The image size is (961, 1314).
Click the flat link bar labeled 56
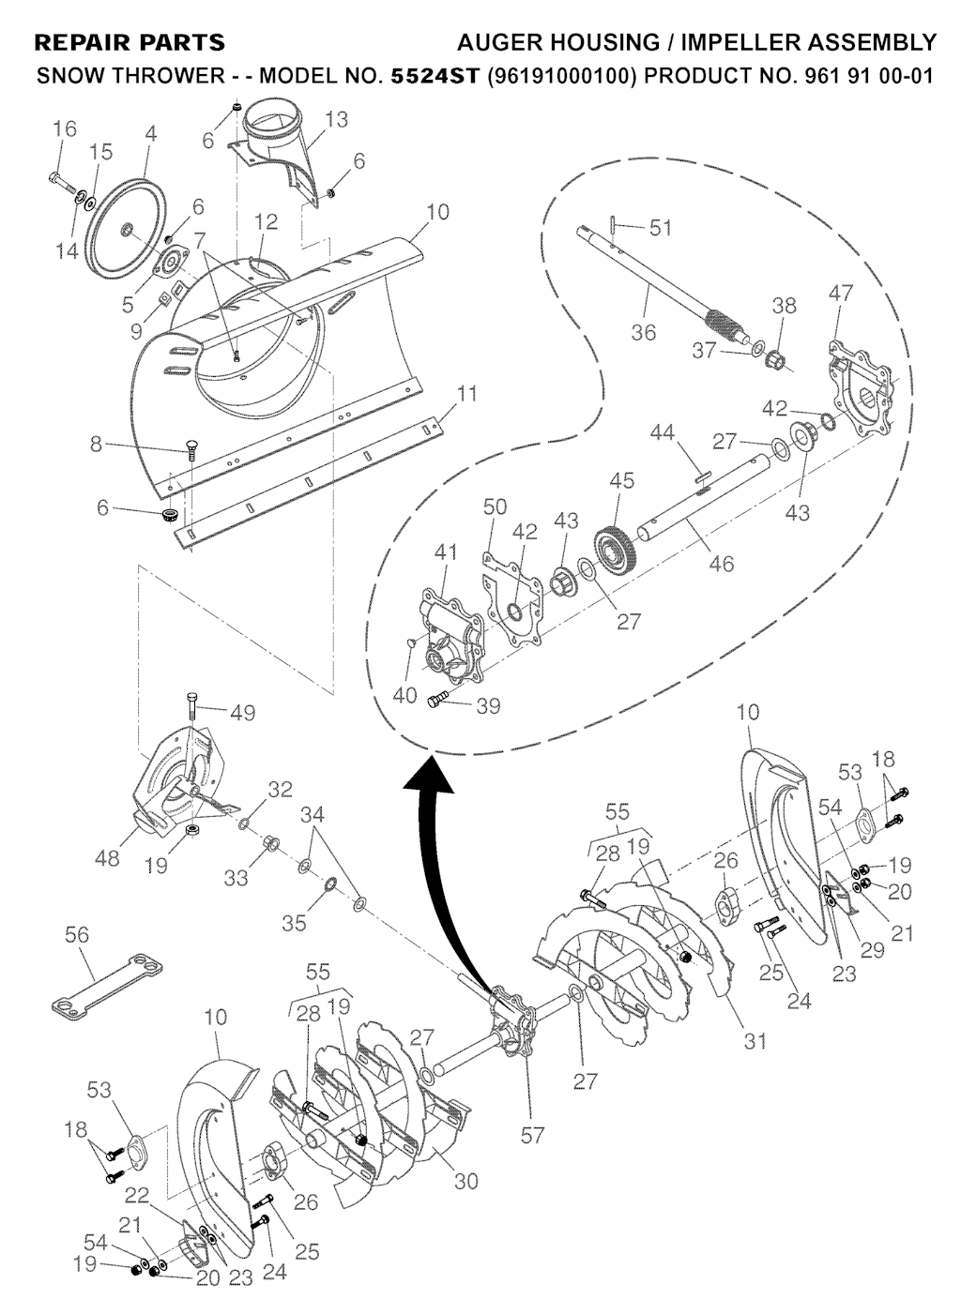(x=107, y=987)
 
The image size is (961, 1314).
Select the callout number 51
(x=661, y=228)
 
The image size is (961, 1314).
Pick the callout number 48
(x=107, y=858)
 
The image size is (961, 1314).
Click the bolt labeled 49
(x=193, y=710)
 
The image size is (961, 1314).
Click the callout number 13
(x=336, y=119)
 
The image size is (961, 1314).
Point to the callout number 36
(x=644, y=332)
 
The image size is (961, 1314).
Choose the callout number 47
(x=841, y=294)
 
